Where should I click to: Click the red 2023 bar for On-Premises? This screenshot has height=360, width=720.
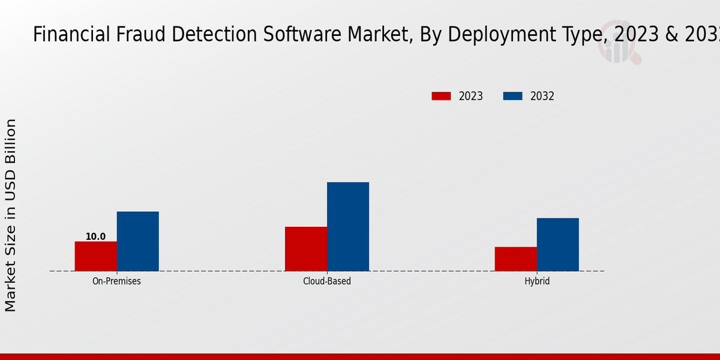tap(96, 256)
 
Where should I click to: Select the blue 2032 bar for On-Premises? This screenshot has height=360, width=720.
tap(138, 241)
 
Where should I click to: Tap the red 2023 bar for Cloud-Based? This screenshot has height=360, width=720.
tap(306, 249)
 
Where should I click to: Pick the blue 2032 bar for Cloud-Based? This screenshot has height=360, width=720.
tap(348, 227)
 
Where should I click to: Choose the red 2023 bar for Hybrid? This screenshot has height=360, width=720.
tap(516, 259)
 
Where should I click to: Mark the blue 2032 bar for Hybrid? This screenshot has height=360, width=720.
tap(558, 244)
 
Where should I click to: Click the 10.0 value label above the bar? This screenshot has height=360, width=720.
tap(95, 236)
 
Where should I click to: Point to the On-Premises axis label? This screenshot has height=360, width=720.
tap(116, 281)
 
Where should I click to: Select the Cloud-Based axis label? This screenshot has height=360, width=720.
tap(327, 281)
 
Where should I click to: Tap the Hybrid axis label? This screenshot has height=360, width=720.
tap(537, 281)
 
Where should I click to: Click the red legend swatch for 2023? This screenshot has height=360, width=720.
tap(441, 96)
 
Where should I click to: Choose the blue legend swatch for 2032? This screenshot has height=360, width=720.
tap(512, 96)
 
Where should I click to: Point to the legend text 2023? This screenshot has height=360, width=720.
tap(471, 96)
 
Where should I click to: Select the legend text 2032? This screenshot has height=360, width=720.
tap(542, 96)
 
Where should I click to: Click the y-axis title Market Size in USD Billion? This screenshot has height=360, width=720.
tap(11, 215)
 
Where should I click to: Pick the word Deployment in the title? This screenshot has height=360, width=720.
tap(490, 35)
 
